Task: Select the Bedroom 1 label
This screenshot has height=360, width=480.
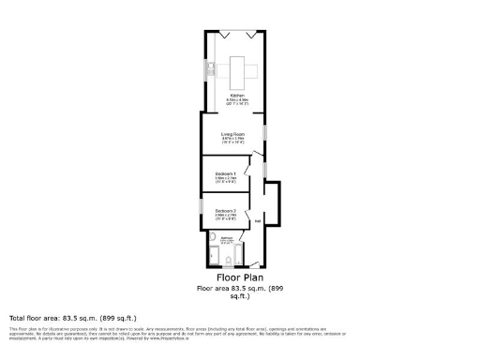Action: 226,174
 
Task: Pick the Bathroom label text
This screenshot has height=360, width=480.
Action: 226,239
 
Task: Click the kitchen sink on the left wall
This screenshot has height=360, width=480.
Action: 212,67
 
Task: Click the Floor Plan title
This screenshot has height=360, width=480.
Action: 239,277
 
